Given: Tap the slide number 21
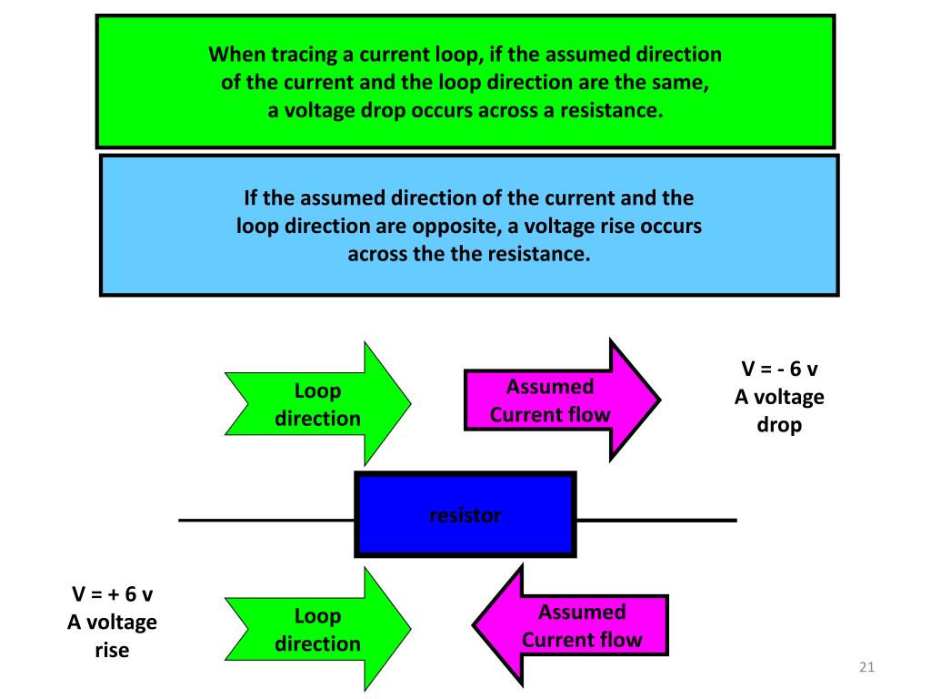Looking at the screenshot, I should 866,670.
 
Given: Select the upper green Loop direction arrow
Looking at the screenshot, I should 318,404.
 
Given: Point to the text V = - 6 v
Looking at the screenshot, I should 779,370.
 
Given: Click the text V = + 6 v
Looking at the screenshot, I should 112,594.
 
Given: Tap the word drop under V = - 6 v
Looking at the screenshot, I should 779,425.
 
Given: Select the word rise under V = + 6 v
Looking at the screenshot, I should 112,650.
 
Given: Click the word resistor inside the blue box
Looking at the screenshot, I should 465,516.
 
